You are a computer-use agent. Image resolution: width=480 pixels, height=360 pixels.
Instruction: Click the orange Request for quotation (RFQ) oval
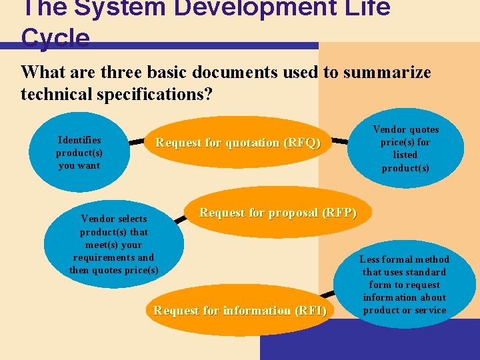pyautogui.click(x=238, y=143)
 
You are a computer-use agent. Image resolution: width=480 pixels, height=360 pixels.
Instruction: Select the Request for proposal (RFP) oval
pyautogui.click(x=278, y=213)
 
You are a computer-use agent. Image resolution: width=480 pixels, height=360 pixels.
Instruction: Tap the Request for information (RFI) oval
pyautogui.click(x=240, y=311)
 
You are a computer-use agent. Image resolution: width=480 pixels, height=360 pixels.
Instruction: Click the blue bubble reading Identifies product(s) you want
pyautogui.click(x=79, y=152)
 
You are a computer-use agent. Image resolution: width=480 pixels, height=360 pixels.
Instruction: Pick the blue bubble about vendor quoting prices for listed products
pyautogui.click(x=405, y=149)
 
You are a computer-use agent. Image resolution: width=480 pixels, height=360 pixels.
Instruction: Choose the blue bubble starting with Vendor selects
pyautogui.click(x=114, y=244)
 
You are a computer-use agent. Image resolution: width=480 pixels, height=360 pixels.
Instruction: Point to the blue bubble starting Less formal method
pyautogui.click(x=405, y=285)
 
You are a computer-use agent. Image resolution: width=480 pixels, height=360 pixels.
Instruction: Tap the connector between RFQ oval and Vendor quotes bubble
pyautogui.click(x=340, y=141)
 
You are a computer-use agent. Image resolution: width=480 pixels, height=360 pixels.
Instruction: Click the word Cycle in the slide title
pyautogui.click(x=55, y=39)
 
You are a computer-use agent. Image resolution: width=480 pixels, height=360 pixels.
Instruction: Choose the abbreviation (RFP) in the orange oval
pyautogui.click(x=339, y=213)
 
